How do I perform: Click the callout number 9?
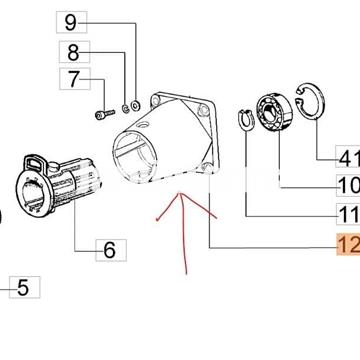click(71, 23)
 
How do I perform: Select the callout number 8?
click(73, 52)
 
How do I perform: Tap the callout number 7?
click(74, 79)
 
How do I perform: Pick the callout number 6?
click(110, 250)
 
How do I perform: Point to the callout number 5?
click(23, 287)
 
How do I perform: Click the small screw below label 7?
click(105, 114)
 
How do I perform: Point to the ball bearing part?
click(274, 113)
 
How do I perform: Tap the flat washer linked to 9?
click(136, 106)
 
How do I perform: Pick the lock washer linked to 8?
click(125, 109)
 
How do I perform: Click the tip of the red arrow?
click(180, 193)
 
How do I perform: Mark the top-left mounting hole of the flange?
click(155, 99)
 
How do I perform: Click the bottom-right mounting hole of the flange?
click(206, 169)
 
